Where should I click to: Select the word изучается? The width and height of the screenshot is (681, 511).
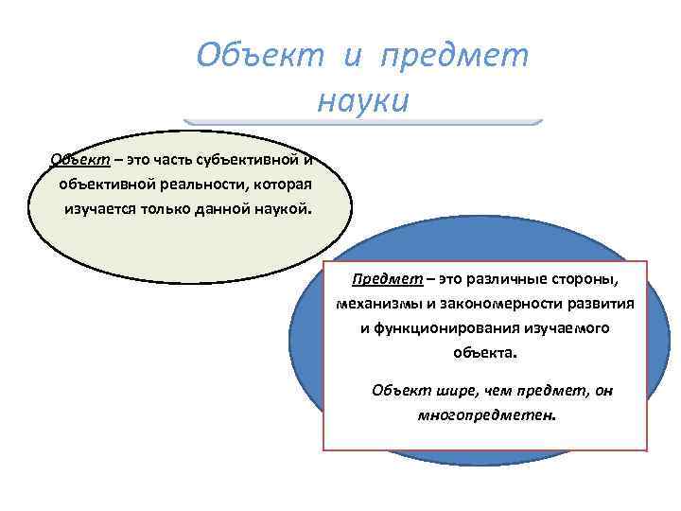pyautogui.click(x=101, y=207)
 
